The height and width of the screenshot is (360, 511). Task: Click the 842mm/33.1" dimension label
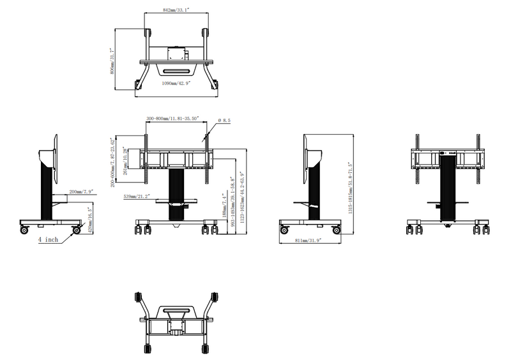(175, 11)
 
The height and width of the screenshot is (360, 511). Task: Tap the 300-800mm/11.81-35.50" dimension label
(173, 119)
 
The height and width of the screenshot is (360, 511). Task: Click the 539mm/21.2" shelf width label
(136, 197)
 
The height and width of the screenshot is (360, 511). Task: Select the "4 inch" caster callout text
(49, 239)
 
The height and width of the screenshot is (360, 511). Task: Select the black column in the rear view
(449, 191)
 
